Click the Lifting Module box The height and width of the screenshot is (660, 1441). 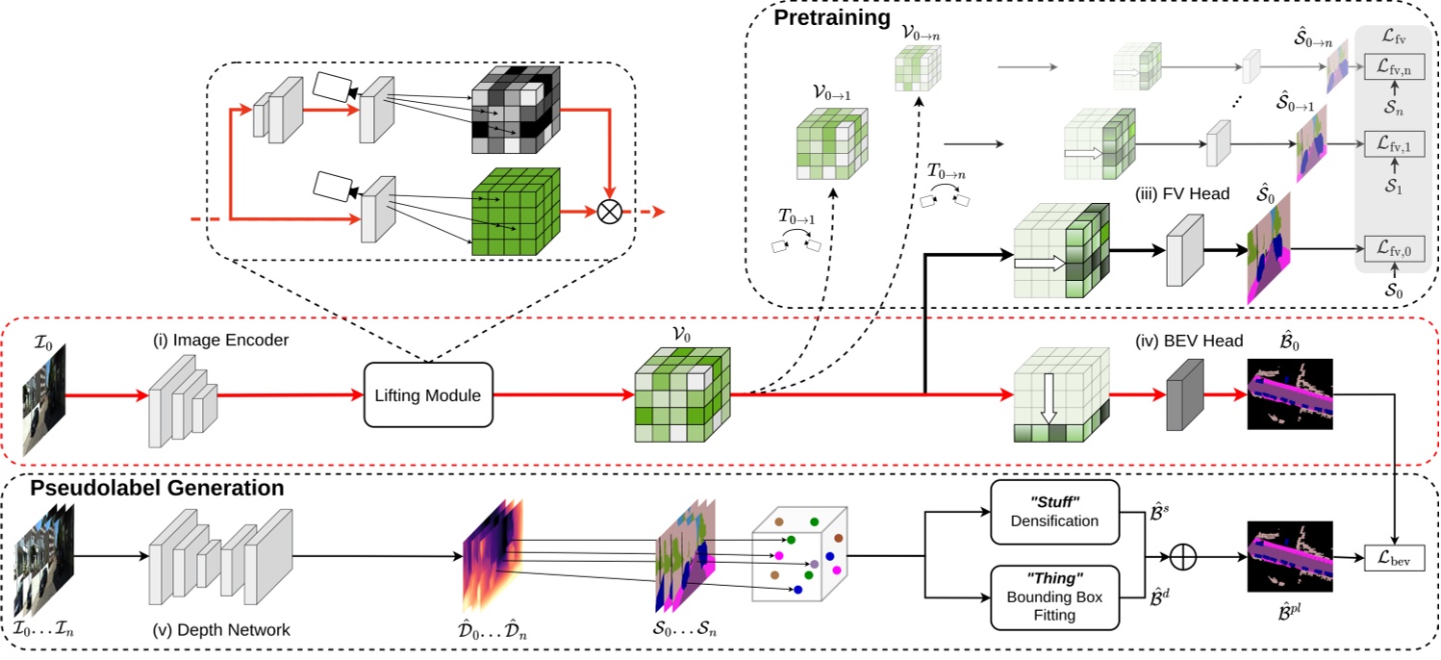[x=428, y=394]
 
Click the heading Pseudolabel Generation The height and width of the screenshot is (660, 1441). [x=157, y=488]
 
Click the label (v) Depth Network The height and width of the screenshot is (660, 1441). [x=221, y=630]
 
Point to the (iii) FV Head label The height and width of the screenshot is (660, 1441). [x=1181, y=194]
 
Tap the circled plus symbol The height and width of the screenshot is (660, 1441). [x=1182, y=555]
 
